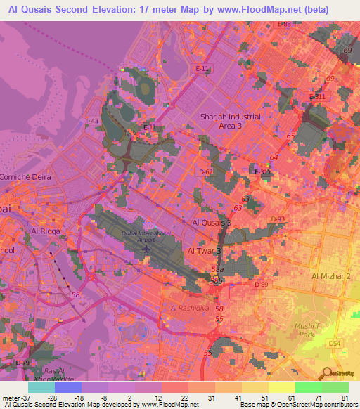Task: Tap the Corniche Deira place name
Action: (25, 178)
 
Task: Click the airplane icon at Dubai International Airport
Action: (146, 251)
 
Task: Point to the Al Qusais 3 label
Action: (211, 222)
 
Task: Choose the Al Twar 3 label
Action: (204, 250)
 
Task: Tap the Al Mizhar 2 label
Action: (331, 276)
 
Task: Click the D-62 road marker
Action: (205, 171)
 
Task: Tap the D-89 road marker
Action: (262, 284)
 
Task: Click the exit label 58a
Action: (218, 269)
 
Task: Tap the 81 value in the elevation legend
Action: (344, 397)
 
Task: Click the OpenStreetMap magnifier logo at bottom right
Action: (328, 373)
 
